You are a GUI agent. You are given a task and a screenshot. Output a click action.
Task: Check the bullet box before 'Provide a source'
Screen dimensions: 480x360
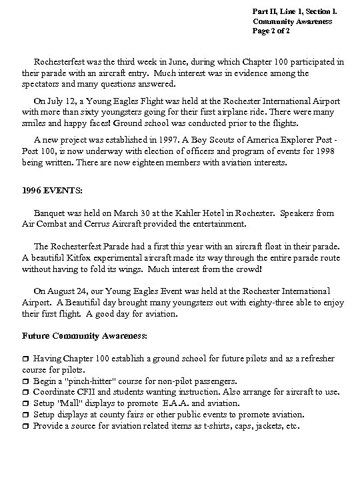pos(26,426)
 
